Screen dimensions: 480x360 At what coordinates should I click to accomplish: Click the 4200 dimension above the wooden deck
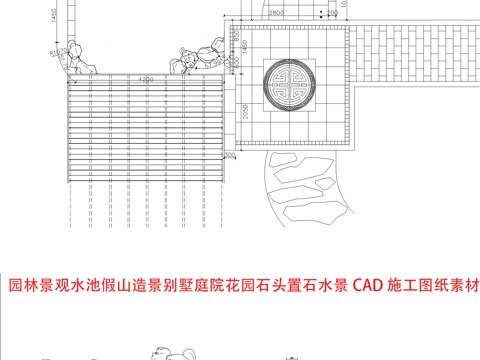[x=146, y=78]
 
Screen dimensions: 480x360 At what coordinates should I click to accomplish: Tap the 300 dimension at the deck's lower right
[x=230, y=155]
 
